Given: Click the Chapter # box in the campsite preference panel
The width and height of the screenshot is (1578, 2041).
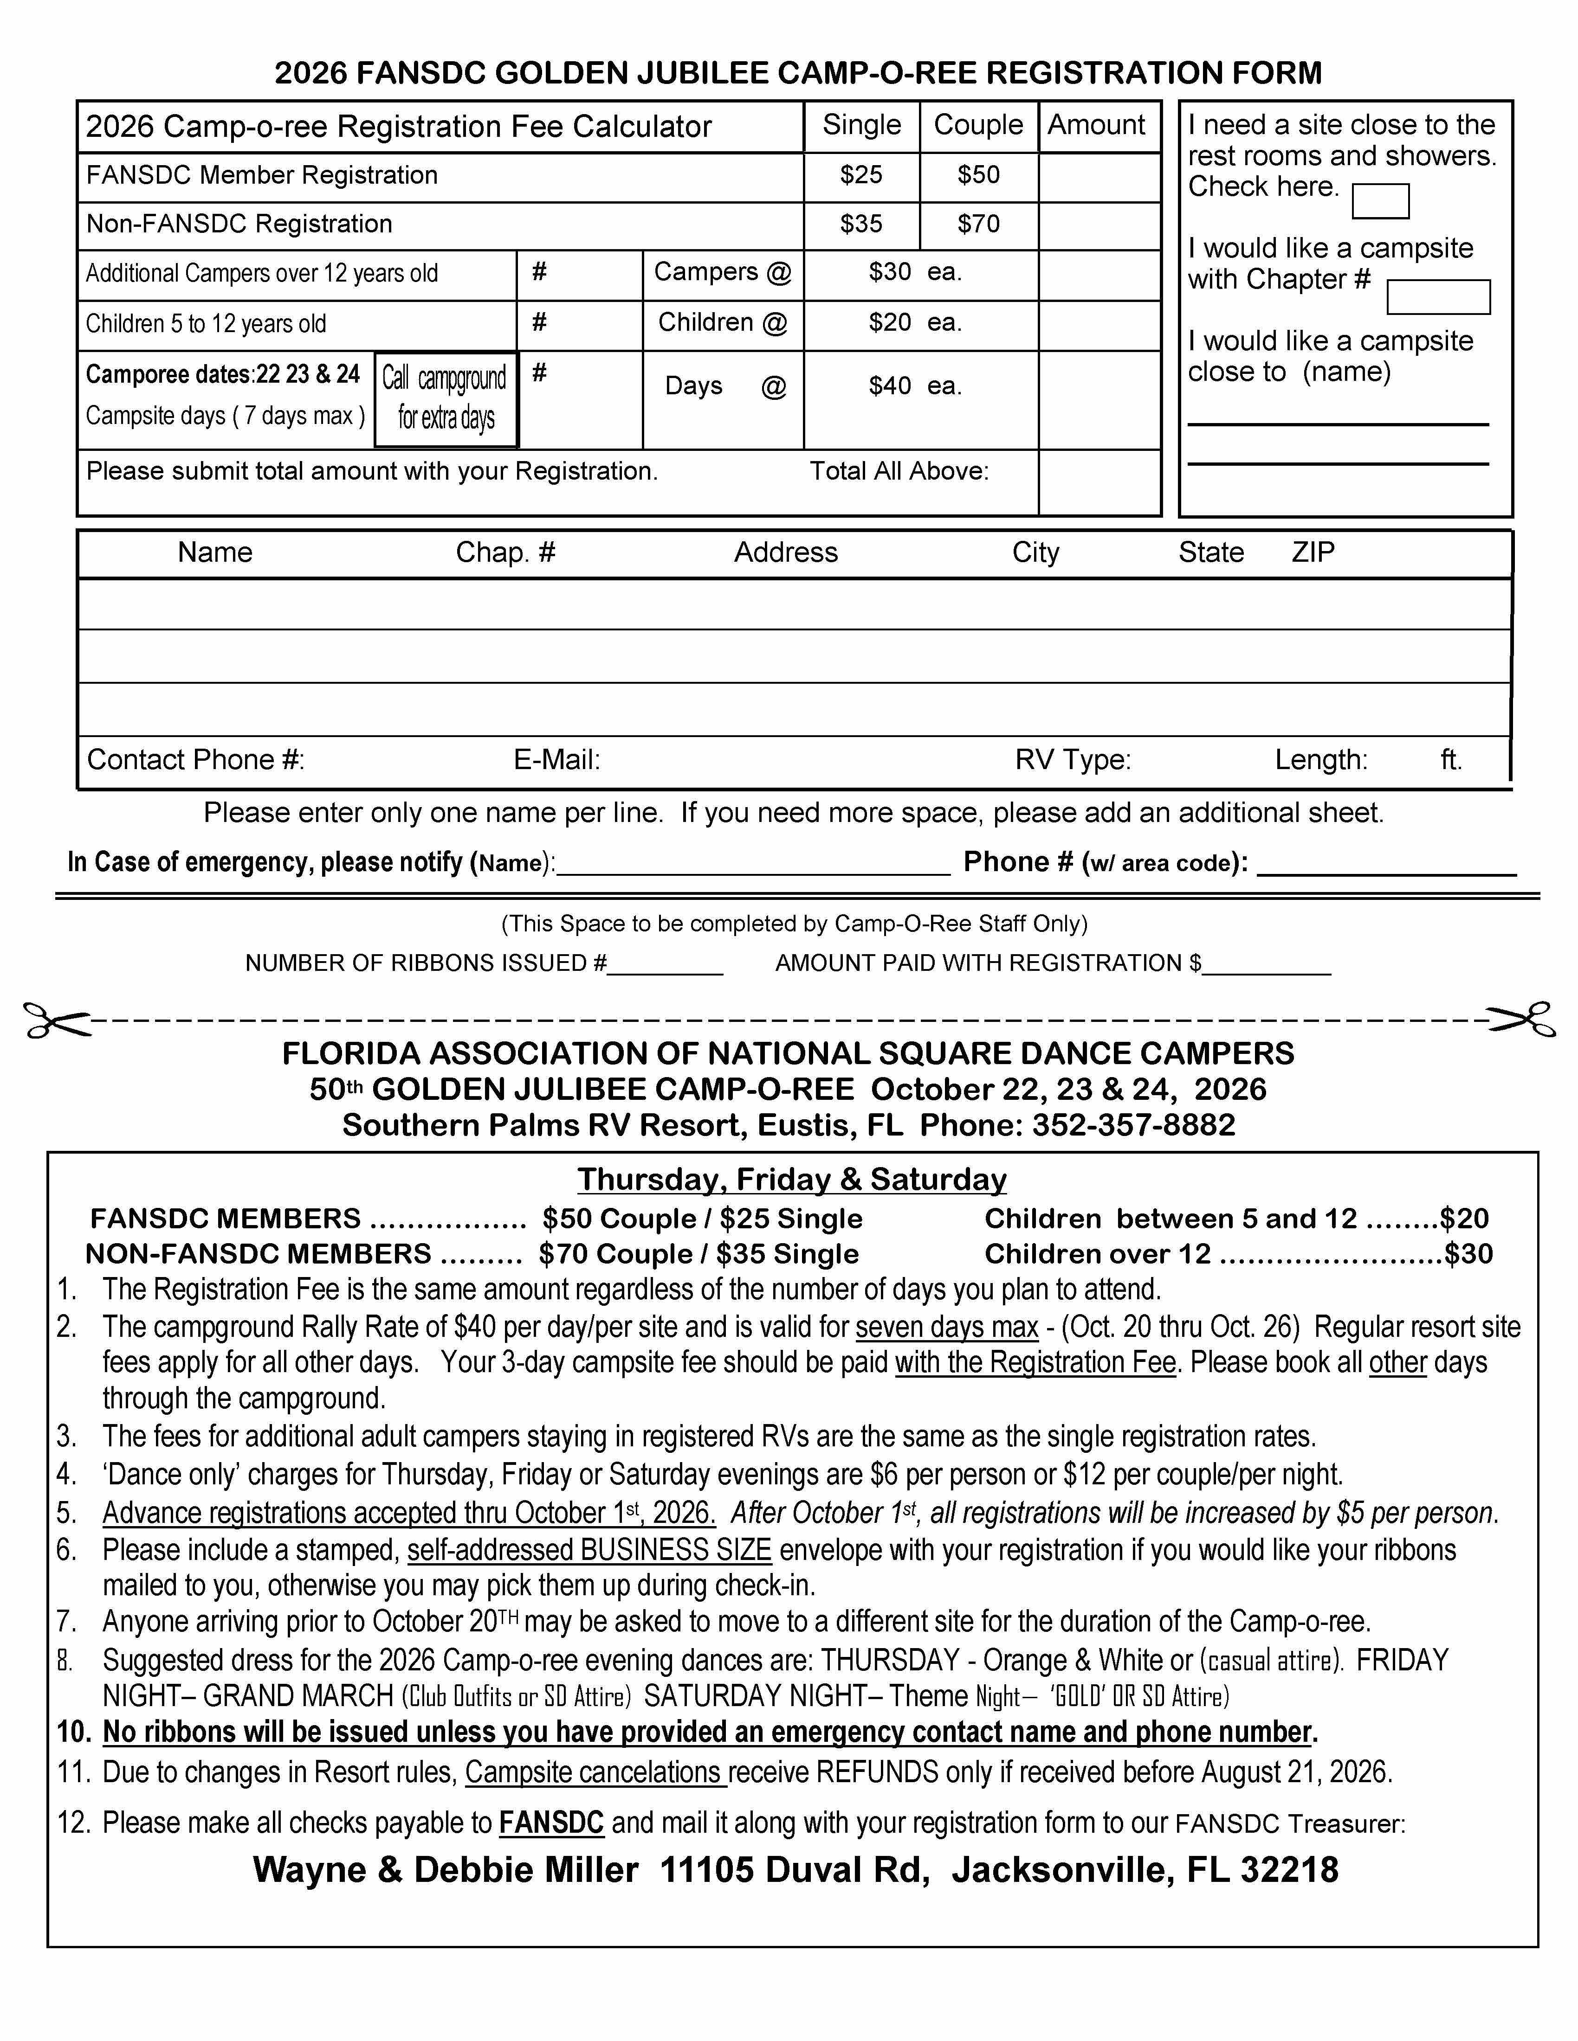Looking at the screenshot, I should [x=1438, y=297].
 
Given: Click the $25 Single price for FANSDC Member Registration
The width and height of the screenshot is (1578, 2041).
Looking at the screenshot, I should [x=861, y=175].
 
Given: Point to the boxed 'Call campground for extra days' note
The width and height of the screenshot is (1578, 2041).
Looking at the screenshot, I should [x=446, y=399].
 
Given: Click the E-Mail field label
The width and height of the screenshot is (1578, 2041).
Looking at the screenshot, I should [x=556, y=760].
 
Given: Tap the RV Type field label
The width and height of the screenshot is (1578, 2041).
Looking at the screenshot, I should [x=1072, y=760].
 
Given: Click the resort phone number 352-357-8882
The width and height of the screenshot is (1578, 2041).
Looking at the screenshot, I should [x=1133, y=1124].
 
